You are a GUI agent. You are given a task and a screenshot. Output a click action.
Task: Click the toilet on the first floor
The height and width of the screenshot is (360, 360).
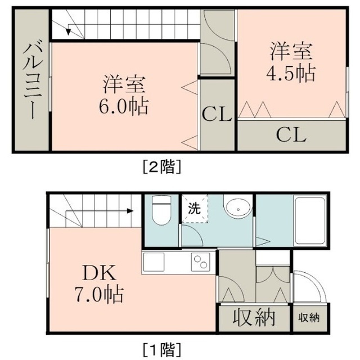tap(161, 210)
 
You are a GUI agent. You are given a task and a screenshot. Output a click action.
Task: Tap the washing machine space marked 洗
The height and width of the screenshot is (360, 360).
tap(195, 209)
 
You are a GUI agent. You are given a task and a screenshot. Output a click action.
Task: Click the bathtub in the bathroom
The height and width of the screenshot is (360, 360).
tap(310, 220)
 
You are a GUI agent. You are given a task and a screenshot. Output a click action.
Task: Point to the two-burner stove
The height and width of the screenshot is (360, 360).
tap(201, 262)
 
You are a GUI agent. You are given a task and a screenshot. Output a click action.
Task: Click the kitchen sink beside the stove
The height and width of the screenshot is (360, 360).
tap(154, 262)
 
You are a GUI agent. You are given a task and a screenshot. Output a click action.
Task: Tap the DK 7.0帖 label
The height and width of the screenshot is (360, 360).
tap(99, 284)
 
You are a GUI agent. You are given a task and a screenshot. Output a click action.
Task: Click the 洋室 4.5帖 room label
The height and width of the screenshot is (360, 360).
tap(291, 61)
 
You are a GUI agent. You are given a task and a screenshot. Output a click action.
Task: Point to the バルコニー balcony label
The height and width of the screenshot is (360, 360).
tap(33, 79)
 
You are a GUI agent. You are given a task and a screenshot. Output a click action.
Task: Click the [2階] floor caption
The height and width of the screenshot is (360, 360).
tap(162, 166)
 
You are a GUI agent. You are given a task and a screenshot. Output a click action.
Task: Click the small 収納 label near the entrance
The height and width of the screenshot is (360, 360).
tap(309, 318)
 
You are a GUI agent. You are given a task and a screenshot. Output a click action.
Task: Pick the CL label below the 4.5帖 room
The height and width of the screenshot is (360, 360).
tap(291, 135)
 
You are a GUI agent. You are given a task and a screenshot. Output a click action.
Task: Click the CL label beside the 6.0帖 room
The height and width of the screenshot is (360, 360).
tap(217, 114)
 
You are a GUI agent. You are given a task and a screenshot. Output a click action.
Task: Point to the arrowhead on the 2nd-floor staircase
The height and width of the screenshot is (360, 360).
tap(68, 32)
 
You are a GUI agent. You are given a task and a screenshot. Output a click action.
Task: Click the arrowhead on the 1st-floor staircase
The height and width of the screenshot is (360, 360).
tap(130, 211)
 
